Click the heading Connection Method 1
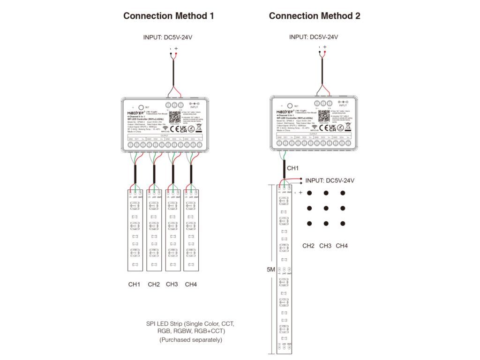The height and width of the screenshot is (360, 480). coord(168,16)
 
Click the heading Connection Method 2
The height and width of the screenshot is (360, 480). coord(315,16)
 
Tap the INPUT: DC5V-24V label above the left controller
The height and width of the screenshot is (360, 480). coord(167,37)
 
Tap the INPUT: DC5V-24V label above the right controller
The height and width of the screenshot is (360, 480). coord(314,37)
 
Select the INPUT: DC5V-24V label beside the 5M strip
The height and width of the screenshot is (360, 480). coord(330,180)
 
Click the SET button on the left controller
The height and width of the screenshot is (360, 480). coord(141,107)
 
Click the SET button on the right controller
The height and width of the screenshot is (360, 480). coord(289,106)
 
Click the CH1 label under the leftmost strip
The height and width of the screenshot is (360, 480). coord(135,284)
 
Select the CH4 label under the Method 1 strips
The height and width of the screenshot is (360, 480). coord(191,284)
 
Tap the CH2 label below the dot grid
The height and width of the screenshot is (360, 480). coord(308,246)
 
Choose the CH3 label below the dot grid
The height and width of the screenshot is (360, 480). coord(325,246)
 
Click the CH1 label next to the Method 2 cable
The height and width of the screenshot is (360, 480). coord(292,167)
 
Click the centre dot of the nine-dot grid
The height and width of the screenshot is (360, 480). coord(325,208)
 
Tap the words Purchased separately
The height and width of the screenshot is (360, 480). coord(191,339)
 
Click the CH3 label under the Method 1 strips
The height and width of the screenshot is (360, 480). coord(172,284)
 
